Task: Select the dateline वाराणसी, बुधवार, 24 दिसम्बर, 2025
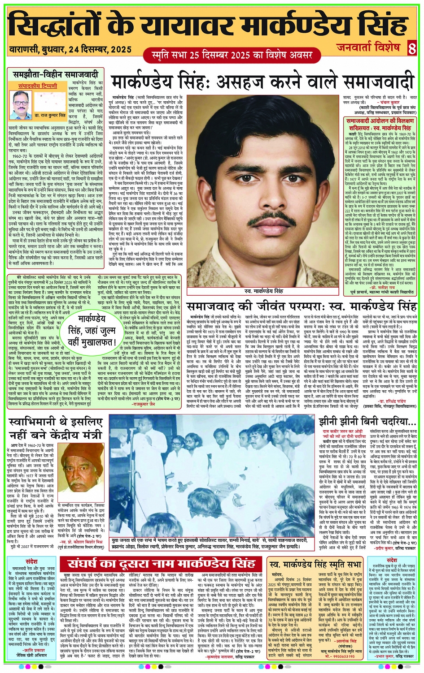(x=70, y=49)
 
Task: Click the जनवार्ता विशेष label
(x=367, y=47)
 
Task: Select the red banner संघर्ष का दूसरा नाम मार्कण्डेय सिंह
(x=162, y=563)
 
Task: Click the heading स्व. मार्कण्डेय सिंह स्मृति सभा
(x=316, y=564)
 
